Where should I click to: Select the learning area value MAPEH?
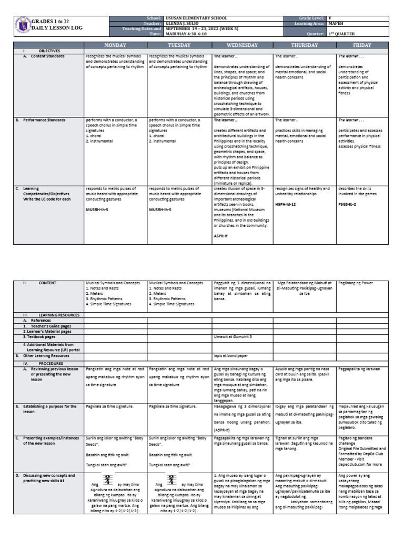[337, 23]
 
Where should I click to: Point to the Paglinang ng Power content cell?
[355, 283]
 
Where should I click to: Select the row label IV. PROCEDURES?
[40, 363]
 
